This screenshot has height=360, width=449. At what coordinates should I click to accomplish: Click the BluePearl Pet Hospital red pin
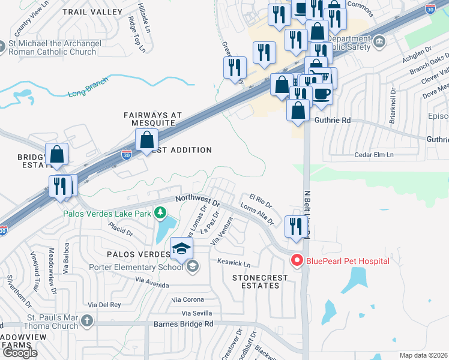(x=296, y=260)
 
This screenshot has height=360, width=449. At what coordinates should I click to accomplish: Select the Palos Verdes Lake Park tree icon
(x=160, y=212)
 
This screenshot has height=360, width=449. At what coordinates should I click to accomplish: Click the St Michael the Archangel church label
(x=53, y=47)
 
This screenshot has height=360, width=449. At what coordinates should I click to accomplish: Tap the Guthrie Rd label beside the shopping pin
(x=332, y=120)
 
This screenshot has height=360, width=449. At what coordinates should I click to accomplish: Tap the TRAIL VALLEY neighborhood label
(x=86, y=11)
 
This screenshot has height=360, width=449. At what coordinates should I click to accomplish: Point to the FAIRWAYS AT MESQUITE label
(x=149, y=118)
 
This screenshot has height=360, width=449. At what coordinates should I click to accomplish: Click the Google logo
(x=19, y=352)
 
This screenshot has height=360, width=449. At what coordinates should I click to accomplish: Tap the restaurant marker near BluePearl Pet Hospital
(x=294, y=226)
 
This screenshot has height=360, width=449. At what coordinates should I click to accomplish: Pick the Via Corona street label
(x=188, y=299)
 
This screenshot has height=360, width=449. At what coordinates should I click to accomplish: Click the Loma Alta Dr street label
(x=257, y=214)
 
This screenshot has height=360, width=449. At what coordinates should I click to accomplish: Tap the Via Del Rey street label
(x=105, y=305)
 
